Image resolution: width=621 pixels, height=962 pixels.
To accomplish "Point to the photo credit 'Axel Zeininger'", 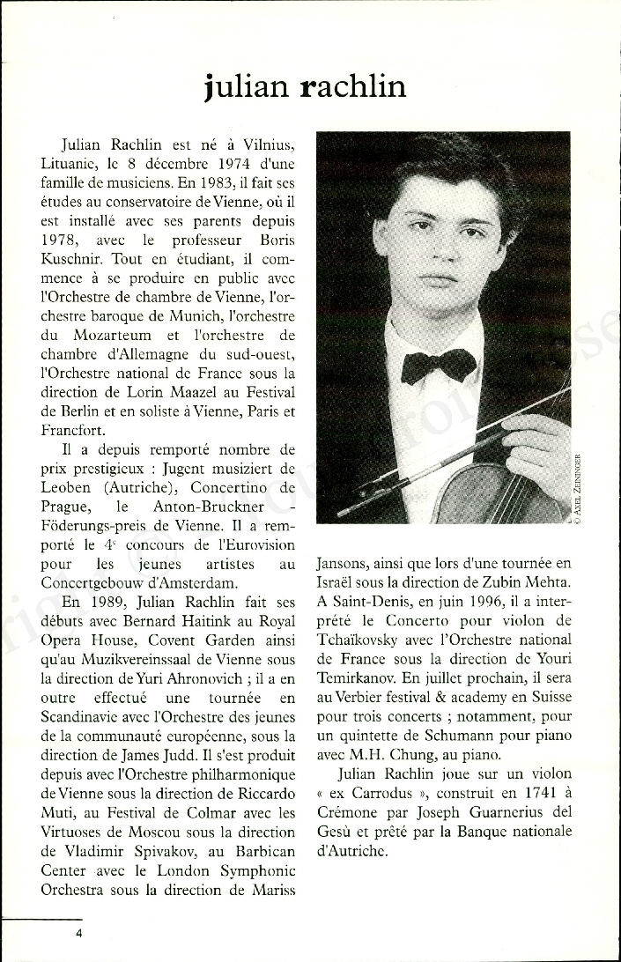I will tap(577, 491).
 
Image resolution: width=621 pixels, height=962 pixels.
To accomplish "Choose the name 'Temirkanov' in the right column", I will tap(359, 678).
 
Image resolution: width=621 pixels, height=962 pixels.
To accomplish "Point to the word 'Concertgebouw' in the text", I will tap(96, 583).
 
